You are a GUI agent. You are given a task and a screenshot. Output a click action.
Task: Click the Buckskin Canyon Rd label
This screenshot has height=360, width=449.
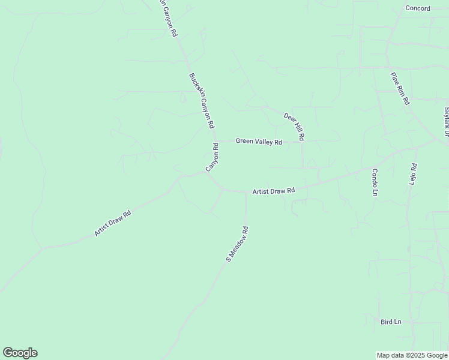pos(202,101)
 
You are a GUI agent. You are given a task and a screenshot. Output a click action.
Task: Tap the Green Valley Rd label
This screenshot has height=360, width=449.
pos(259,142)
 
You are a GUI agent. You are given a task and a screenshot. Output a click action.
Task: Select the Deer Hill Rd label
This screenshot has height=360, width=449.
pos(294,127)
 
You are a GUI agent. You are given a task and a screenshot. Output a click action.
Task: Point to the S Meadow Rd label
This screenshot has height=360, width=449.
pos(237,244)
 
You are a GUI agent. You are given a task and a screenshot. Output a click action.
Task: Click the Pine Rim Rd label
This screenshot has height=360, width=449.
pos(400,89)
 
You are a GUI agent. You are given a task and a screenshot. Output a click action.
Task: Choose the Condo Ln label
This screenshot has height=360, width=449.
pos(374,182)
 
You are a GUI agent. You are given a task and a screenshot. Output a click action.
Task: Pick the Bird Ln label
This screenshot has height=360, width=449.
pos(390,322)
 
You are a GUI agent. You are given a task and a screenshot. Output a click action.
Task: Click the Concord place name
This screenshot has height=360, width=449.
pos(418,8)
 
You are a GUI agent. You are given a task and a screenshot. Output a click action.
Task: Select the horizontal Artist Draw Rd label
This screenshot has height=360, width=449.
pos(274,191)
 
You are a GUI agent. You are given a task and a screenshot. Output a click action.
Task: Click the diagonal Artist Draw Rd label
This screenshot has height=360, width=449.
pos(112,223)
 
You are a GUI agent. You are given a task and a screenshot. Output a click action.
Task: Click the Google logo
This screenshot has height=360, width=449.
pos(20,352)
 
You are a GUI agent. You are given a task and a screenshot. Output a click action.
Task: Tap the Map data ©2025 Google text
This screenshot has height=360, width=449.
pos(412,355)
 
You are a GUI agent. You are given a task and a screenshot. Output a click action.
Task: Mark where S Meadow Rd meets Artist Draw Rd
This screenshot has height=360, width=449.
pos(246,193)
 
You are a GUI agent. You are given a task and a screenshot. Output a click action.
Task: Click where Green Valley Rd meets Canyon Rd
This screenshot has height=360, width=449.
pos(217,142)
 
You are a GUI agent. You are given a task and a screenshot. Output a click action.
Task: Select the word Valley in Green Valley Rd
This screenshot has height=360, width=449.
pos(264,142)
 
